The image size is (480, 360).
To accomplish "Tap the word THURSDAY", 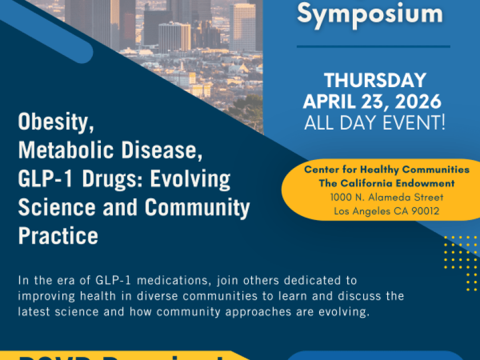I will point(375,80).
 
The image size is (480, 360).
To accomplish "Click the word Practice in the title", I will point(58,236).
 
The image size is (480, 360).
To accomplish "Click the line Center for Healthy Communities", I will point(387,170).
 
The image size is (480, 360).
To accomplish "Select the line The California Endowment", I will point(387,183).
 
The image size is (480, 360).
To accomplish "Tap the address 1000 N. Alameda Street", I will point(387,197).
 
